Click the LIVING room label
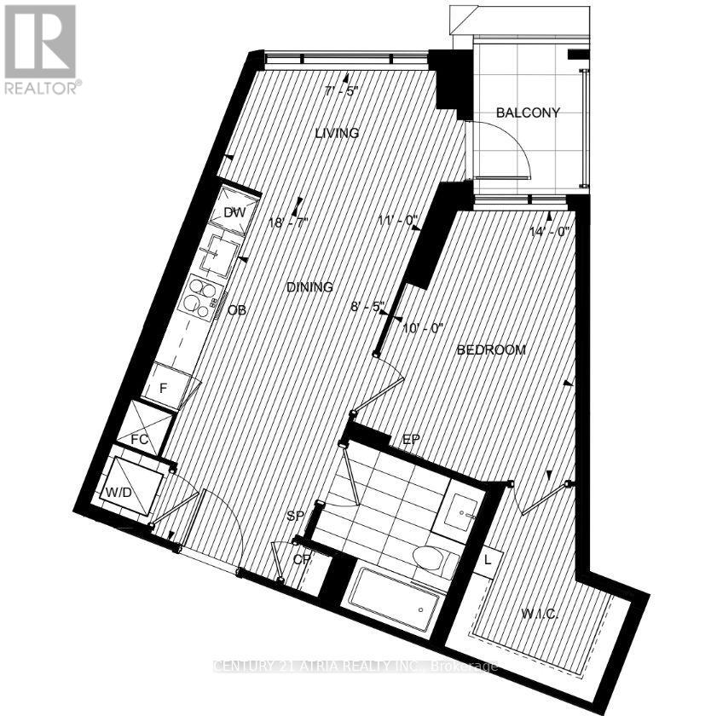click(336, 133)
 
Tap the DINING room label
click(309, 287)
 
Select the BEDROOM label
click(491, 349)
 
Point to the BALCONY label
click(529, 113)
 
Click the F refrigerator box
click(168, 386)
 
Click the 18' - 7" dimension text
click(287, 222)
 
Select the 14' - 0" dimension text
click(548, 229)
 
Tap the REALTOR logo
click(42, 49)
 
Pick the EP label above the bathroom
click(411, 440)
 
